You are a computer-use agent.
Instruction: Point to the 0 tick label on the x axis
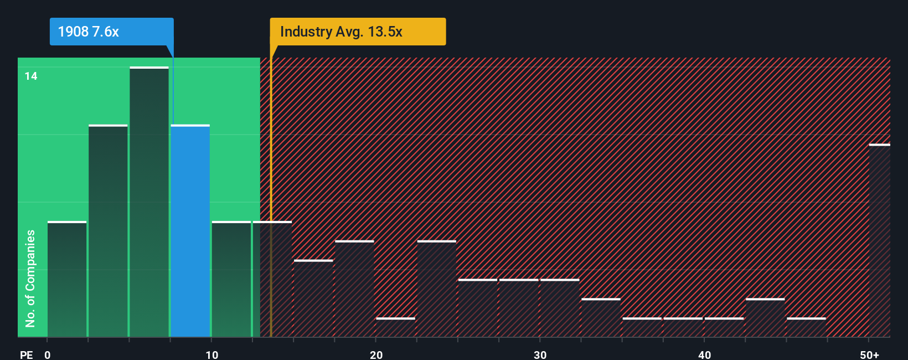point(48,354)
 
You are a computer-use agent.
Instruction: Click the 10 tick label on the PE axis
point(211,354)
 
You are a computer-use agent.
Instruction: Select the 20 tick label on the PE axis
point(376,354)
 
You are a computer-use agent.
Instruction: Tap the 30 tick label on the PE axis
point(540,354)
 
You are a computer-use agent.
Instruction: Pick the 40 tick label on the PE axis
point(704,354)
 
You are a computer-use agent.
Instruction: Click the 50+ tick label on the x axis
point(869,354)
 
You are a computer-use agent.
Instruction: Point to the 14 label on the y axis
point(31,76)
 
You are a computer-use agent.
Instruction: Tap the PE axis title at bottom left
point(26,354)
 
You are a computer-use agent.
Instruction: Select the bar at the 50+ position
point(879,240)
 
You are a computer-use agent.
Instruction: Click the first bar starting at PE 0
point(67,279)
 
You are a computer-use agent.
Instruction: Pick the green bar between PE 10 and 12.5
point(231,279)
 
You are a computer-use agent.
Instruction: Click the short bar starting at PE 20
point(395,327)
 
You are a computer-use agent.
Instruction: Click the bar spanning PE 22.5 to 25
point(436,289)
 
